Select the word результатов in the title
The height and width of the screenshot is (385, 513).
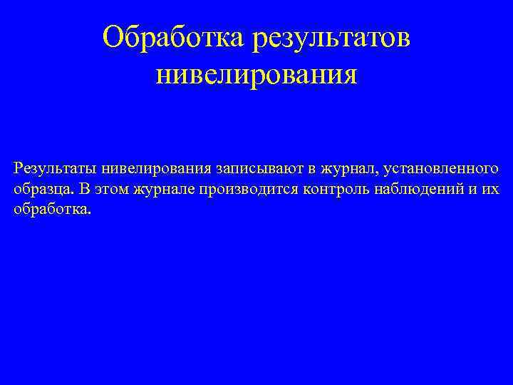(331, 37)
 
